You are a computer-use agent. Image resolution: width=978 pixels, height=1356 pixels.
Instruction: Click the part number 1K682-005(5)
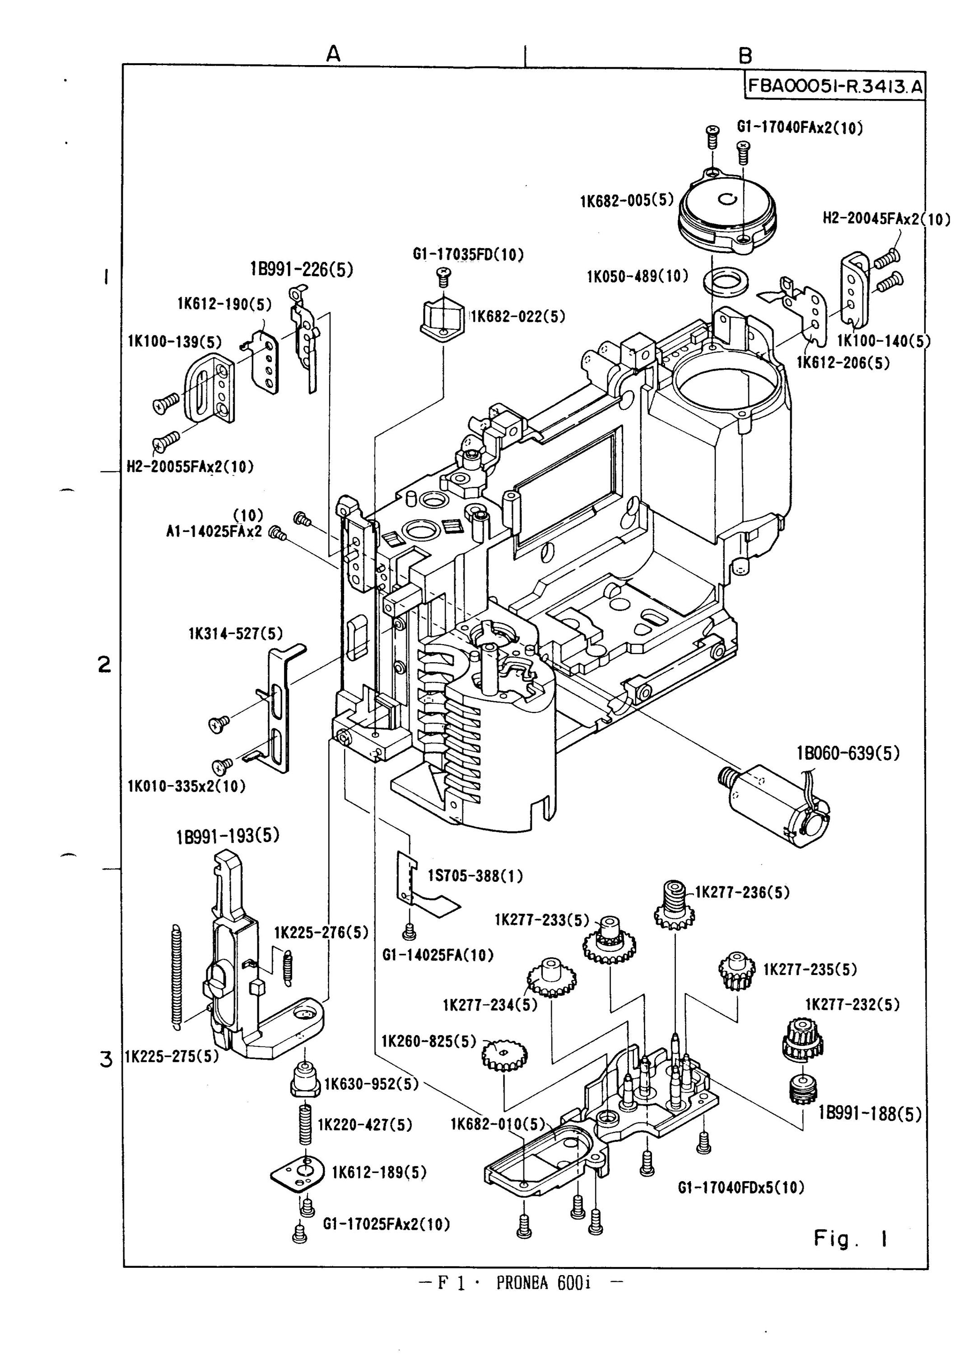(x=627, y=201)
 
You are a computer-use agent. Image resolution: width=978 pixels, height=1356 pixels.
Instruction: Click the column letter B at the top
(x=745, y=56)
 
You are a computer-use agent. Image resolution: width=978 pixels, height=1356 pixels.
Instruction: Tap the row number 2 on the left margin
(x=105, y=664)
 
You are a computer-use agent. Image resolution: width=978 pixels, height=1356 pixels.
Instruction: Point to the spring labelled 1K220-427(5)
(x=305, y=1125)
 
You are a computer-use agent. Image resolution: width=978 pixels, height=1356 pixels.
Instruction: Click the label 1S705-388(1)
(x=475, y=876)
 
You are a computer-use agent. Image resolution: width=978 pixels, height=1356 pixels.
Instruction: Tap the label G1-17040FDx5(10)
(x=741, y=1187)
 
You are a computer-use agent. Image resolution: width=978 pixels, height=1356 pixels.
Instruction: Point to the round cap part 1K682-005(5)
(x=730, y=212)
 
